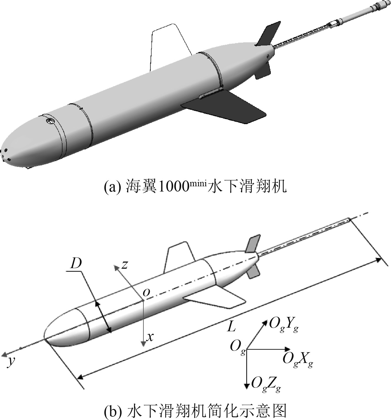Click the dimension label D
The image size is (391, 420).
click(76, 263)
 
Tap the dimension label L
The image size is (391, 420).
click(231, 327)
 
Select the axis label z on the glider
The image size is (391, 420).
click(125, 265)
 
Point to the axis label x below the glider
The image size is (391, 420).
click(150, 336)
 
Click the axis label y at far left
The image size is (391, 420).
click(10, 361)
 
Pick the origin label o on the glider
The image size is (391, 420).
click(146, 292)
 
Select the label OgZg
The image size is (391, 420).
click(266, 384)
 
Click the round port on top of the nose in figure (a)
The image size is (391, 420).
click(50, 121)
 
